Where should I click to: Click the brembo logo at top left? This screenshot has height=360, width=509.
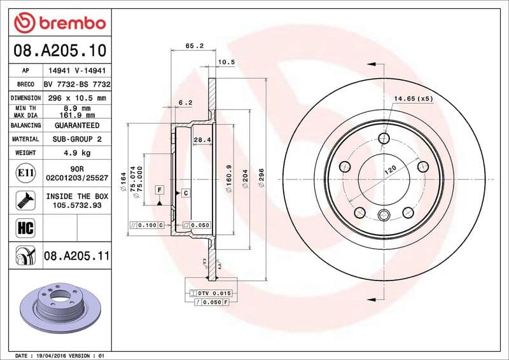(x=59, y=23)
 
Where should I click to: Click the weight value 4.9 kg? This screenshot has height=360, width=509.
(x=77, y=153)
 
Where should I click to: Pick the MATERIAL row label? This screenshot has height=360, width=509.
(x=25, y=139)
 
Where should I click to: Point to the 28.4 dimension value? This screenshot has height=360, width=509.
(x=202, y=139)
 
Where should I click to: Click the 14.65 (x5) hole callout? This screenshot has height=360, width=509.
(x=413, y=99)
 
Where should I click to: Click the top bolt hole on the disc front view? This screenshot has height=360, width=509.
(x=384, y=139)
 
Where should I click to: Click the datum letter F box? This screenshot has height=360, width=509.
(x=159, y=190)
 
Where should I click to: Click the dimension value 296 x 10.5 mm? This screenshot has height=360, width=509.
(x=77, y=98)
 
